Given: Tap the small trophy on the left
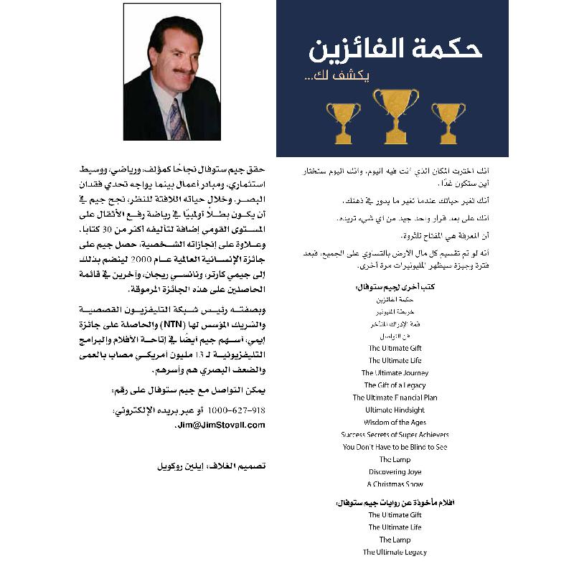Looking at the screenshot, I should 343,121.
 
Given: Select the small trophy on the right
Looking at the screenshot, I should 448,121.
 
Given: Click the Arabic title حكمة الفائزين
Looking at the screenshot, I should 395,49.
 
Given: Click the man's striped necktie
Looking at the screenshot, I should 177,118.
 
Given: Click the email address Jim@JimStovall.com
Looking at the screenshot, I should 220,425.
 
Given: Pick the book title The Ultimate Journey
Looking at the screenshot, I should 395,373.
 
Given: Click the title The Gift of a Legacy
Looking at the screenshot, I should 395,385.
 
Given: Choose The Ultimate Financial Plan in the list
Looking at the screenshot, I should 395,397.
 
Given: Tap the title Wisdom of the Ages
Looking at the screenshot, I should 395,423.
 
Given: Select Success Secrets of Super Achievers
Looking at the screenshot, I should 395,435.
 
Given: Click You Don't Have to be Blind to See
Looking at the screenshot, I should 395,447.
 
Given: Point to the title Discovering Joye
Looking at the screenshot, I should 395,472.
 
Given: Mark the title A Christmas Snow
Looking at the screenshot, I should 395,484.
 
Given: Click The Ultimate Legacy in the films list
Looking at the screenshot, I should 395,552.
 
